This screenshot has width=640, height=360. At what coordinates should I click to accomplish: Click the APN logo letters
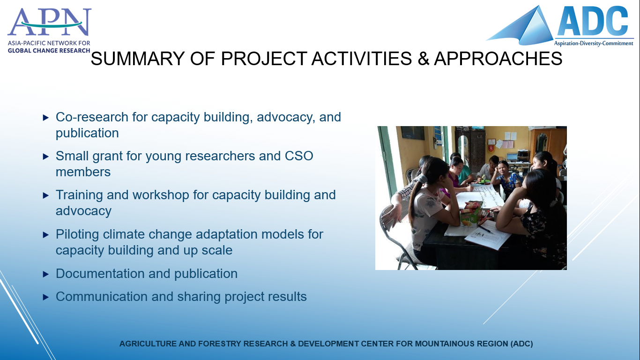(x=49, y=22)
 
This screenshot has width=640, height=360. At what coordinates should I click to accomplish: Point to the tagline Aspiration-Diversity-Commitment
(x=594, y=43)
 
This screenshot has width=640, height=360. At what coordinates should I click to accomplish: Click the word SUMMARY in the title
(x=138, y=59)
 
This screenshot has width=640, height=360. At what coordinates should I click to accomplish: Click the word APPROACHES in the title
(x=498, y=59)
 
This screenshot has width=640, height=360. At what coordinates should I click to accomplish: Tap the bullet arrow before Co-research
(x=46, y=118)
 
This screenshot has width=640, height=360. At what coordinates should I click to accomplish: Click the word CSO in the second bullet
(x=299, y=156)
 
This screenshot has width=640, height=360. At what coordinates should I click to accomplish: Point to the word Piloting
(x=77, y=234)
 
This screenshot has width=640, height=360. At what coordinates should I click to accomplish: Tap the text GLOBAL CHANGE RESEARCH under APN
(x=49, y=51)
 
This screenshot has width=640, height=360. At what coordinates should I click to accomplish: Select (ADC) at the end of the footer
(x=522, y=344)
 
